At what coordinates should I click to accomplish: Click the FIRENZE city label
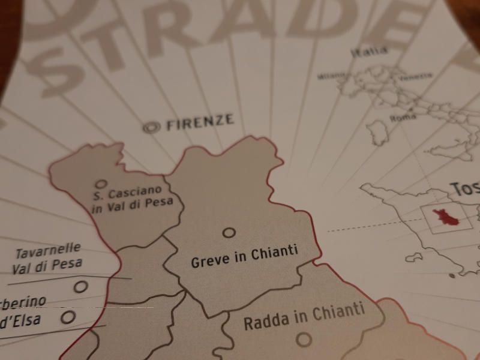(x=199, y=122)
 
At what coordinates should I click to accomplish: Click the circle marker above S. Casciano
(x=101, y=184)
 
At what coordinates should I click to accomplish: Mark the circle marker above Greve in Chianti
(x=229, y=232)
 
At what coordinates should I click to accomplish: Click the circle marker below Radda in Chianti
(x=304, y=340)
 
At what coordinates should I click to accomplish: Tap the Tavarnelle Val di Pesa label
(x=47, y=257)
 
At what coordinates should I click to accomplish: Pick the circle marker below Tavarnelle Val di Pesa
(x=80, y=287)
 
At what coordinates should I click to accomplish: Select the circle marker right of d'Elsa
(x=68, y=317)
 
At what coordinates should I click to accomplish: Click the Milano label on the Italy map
(x=332, y=76)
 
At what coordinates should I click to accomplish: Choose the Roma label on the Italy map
(x=403, y=118)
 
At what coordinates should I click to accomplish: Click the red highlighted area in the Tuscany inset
(x=446, y=217)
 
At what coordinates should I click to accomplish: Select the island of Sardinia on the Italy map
(x=377, y=132)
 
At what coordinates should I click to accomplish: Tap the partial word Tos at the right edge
(x=465, y=189)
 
